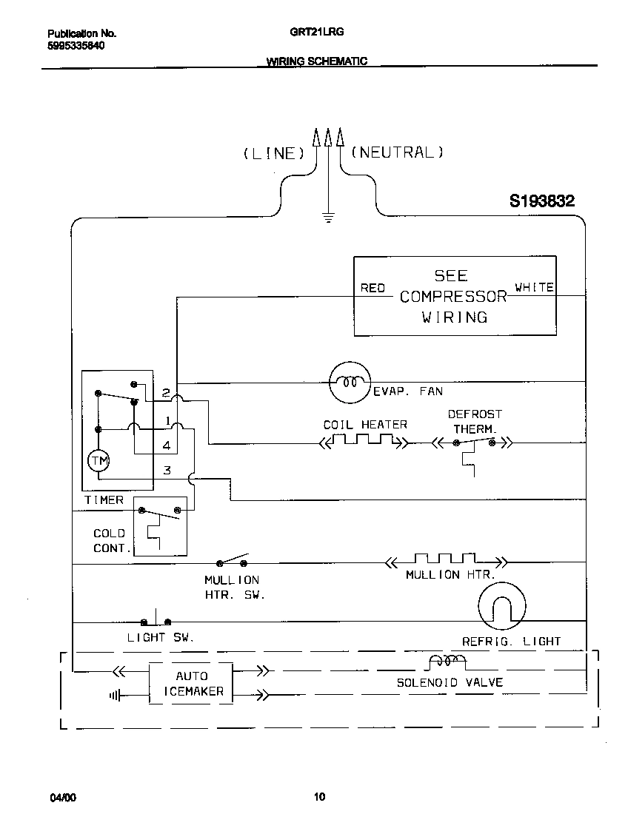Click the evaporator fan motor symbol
coord(348,383)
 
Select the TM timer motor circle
coord(98,461)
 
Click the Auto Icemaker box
coord(191,684)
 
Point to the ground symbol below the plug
coord(327,217)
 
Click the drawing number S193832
coord(541,201)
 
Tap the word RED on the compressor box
coord(373,288)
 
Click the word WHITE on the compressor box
coord(534,287)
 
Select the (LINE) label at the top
coord(274,153)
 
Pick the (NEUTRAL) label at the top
coord(397,152)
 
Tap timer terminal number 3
coord(167,470)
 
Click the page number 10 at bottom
coord(318,797)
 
